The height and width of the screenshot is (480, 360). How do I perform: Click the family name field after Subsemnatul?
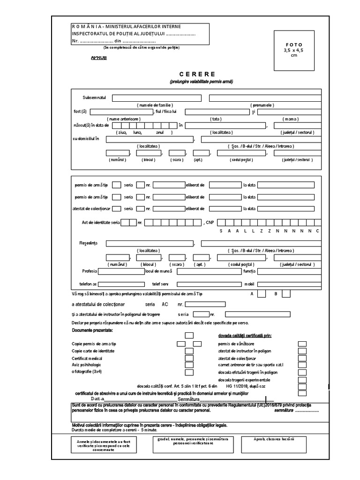click(157, 98)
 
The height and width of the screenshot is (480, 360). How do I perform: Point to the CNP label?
click(209, 222)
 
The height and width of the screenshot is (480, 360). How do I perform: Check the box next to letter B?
click(285, 294)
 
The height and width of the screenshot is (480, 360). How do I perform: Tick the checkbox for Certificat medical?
click(189, 358)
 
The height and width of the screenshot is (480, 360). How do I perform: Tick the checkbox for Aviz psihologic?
click(189, 365)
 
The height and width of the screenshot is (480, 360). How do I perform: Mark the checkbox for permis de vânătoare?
click(302, 344)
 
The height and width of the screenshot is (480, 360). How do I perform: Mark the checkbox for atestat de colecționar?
click(302, 358)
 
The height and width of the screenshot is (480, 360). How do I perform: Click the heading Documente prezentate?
click(92, 330)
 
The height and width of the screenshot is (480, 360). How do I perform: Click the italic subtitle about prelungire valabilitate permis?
click(201, 82)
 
